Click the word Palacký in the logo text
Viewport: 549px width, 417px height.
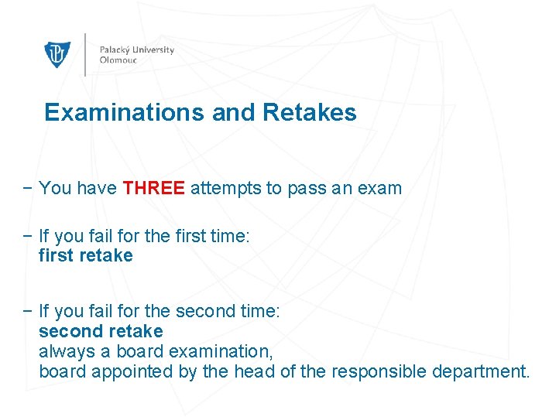(x=115, y=50)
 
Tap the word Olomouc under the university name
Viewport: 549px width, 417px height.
(x=118, y=60)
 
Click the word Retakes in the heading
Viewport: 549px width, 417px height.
(x=310, y=113)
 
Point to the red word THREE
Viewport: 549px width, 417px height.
(x=154, y=188)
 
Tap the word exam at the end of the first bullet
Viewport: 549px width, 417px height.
(x=379, y=188)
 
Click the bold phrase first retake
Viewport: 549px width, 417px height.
(x=86, y=255)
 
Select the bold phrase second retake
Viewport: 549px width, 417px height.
(x=101, y=331)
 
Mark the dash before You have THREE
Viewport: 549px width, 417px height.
(x=27, y=188)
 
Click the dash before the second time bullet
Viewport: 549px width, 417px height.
(x=27, y=311)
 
